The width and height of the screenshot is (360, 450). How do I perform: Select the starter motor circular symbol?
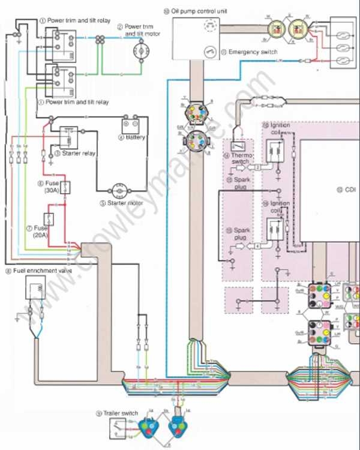tap(119, 191)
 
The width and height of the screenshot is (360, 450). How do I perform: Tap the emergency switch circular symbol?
tap(211, 52)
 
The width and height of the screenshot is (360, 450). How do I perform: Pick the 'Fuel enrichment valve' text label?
tap(37, 271)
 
